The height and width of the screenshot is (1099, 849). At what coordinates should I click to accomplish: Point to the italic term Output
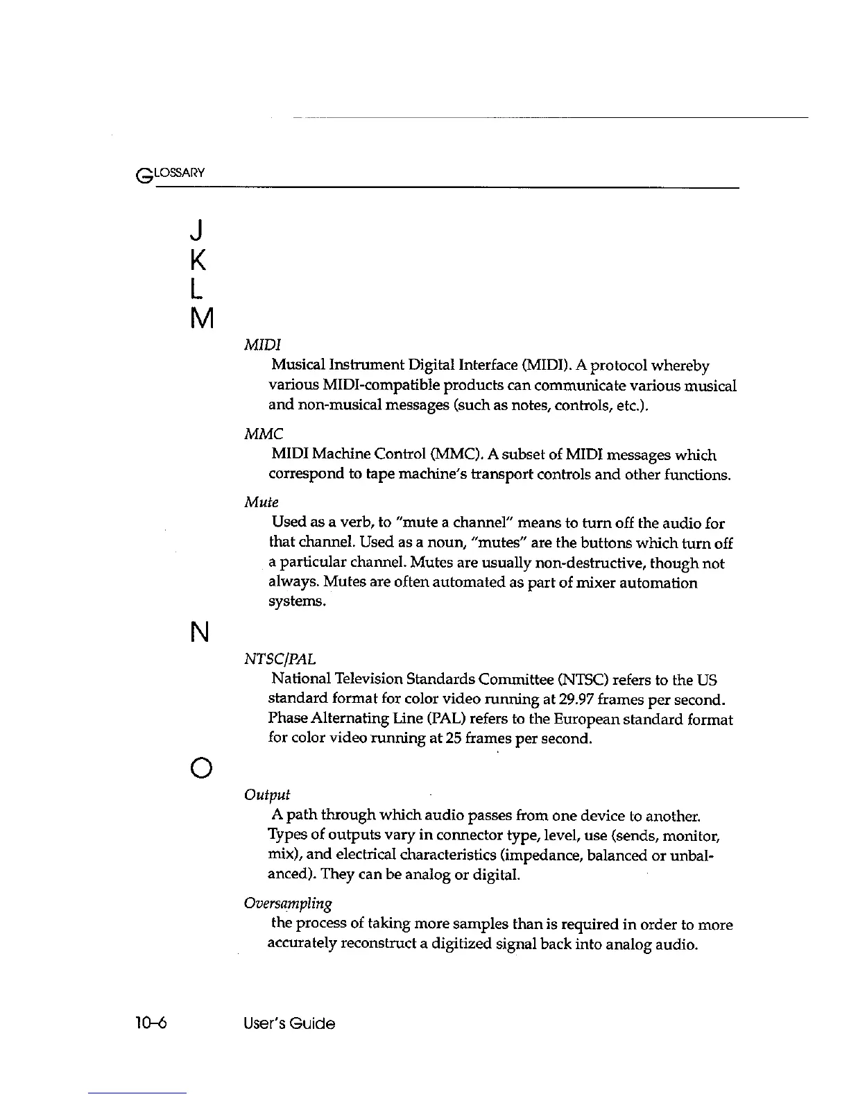coord(267,794)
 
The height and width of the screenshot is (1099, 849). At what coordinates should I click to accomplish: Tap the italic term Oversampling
coord(288,903)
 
